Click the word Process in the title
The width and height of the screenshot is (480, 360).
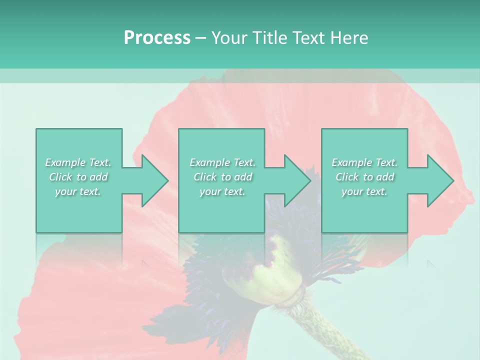[157, 38]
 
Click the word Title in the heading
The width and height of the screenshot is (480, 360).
[268, 38]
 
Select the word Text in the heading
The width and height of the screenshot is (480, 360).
[309, 38]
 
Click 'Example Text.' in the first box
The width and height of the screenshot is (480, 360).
[78, 162]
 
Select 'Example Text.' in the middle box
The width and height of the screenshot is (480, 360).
[222, 162]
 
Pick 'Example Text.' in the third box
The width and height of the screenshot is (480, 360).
[364, 162]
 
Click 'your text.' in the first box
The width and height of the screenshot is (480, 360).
[78, 191]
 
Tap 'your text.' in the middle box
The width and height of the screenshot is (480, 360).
[222, 191]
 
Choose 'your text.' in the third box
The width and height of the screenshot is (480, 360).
[364, 191]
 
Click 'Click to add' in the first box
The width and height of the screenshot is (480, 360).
[78, 177]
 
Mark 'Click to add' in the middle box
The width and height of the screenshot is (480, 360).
[222, 177]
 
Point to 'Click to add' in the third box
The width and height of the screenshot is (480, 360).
[364, 177]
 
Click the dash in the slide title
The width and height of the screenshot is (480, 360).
[201, 38]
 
